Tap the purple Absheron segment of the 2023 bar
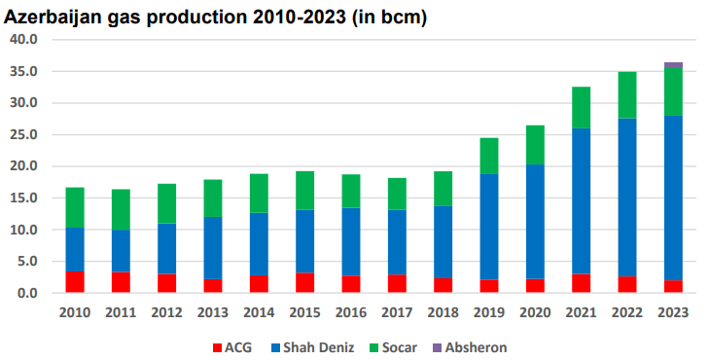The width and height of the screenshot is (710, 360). (673, 65)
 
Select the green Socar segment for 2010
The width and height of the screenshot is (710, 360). (74, 207)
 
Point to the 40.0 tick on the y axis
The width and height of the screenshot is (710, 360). (22, 40)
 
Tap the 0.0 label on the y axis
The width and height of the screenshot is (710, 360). (26, 293)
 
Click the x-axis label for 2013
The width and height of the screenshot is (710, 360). (212, 312)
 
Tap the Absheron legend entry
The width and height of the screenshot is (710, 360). (474, 347)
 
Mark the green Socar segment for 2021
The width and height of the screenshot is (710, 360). (582, 107)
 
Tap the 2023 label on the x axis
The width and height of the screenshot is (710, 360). (673, 312)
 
